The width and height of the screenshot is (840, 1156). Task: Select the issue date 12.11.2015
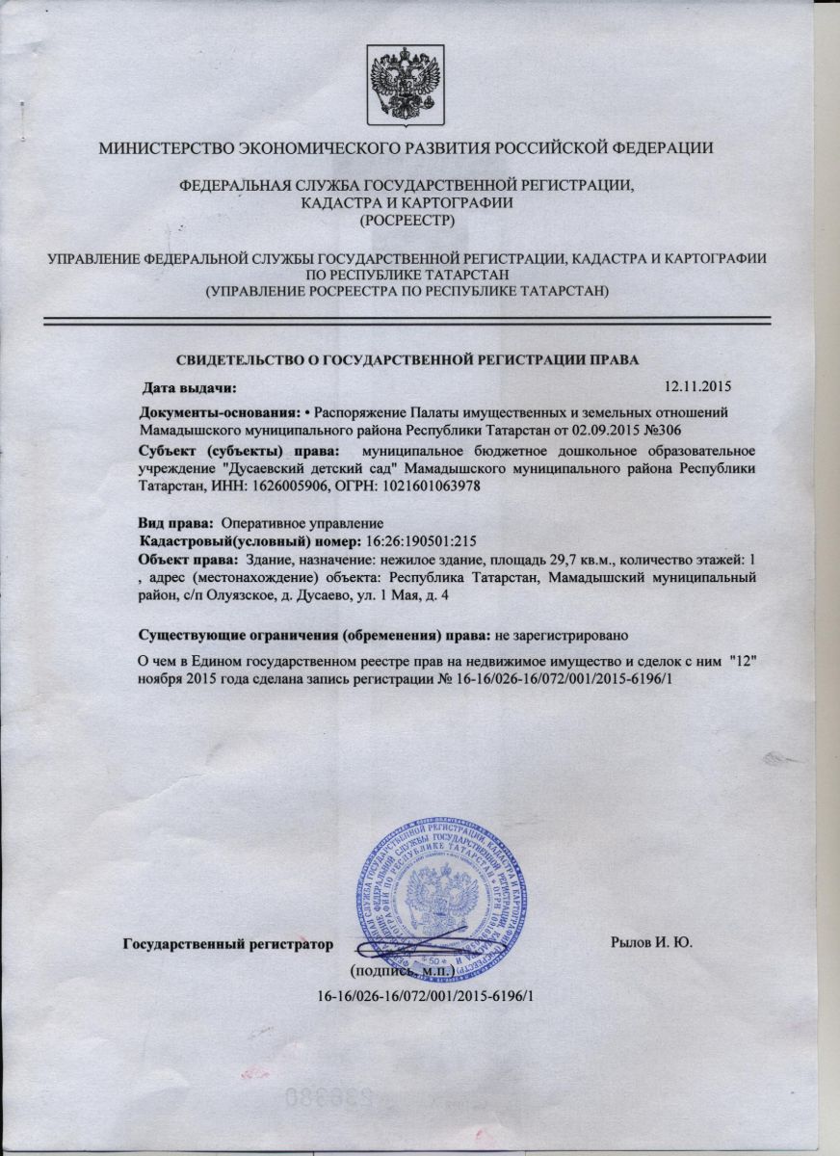tap(699, 388)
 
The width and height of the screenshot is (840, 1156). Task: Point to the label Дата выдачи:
tap(189, 388)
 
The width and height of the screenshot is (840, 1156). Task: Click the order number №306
tap(673, 427)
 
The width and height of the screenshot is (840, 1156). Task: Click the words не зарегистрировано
tap(562, 636)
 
